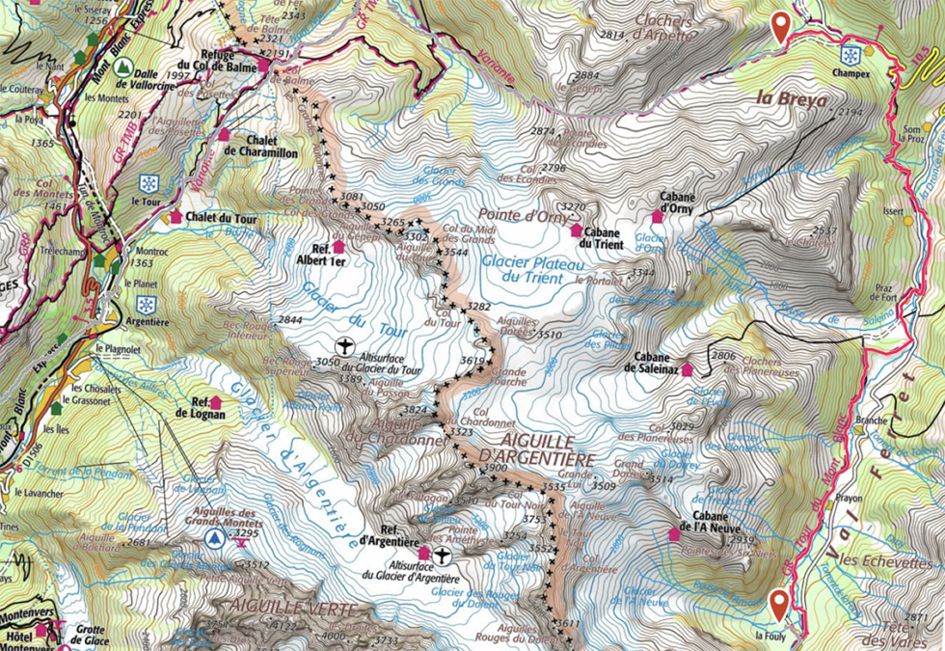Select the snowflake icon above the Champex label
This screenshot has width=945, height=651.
(850, 54)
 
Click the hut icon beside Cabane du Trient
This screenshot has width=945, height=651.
(577, 231)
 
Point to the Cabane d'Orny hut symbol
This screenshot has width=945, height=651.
(658, 215)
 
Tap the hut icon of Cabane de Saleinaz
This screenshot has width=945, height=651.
(687, 368)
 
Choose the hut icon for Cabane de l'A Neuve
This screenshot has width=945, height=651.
(674, 533)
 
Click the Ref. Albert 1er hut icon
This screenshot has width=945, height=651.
(337, 246)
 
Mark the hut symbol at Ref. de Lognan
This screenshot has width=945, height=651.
(214, 402)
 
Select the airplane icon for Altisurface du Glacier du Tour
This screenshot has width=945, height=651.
(344, 345)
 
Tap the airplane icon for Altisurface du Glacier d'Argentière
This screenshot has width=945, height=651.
(442, 556)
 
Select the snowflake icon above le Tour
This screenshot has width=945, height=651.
(148, 183)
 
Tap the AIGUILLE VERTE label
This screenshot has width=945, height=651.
(279, 608)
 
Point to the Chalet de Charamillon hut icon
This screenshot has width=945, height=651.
(225, 135)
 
